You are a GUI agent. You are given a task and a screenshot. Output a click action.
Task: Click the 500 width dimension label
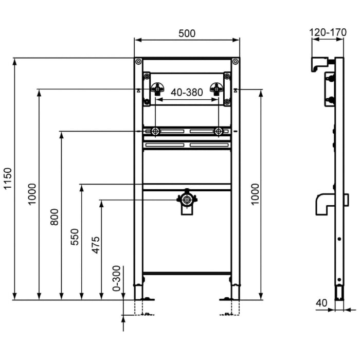187,33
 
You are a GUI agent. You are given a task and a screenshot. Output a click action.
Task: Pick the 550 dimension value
75,236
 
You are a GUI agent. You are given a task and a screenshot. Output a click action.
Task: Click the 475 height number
95,246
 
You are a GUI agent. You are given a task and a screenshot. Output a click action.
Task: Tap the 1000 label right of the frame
256,194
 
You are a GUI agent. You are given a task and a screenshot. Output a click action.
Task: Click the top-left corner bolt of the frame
138,63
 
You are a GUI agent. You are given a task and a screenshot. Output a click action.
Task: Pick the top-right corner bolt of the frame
236,63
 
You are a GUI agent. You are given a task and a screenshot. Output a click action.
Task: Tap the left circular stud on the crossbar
155,132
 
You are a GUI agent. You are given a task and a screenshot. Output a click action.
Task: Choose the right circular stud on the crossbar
220,132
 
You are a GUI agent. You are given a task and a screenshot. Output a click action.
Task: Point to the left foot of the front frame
139,292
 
